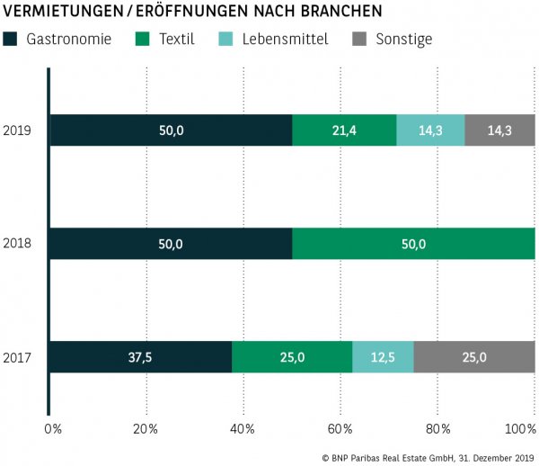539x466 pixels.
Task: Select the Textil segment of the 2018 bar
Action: coord(413,244)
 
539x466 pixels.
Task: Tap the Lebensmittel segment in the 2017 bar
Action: coord(383,357)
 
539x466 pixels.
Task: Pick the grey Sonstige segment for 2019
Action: coord(499,130)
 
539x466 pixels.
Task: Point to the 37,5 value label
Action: coord(141,357)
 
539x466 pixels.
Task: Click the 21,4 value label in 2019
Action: coord(344,130)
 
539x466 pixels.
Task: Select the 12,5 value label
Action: coord(383,357)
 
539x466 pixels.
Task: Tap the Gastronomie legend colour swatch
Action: coord(12,40)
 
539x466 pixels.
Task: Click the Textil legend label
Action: coord(176,40)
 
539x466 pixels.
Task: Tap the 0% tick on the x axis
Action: coord(53,427)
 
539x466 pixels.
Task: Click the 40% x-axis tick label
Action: coord(243,427)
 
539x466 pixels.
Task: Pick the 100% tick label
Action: coord(520,427)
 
